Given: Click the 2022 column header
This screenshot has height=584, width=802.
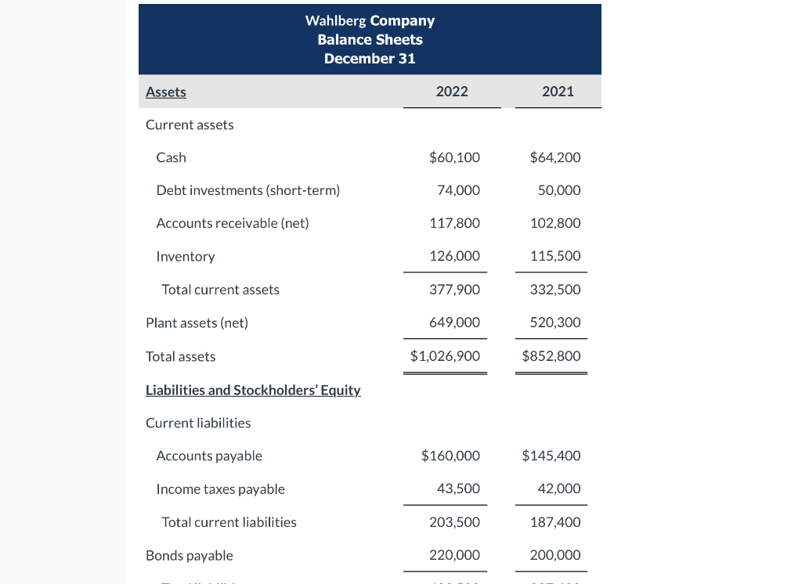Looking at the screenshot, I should pyautogui.click(x=452, y=92).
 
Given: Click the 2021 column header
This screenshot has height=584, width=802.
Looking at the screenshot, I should pyautogui.click(x=558, y=92).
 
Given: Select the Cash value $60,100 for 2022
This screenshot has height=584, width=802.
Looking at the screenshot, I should pyautogui.click(x=454, y=157).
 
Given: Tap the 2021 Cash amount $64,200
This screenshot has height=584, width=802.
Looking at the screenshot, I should pyautogui.click(x=555, y=157).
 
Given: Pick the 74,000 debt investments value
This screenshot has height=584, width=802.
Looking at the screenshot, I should pyautogui.click(x=459, y=190).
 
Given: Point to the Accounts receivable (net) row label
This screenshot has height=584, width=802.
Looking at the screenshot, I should pyautogui.click(x=233, y=223).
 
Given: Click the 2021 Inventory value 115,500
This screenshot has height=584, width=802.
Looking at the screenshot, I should pyautogui.click(x=555, y=256).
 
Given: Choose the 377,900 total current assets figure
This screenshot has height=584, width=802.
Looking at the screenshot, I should pyautogui.click(x=454, y=290).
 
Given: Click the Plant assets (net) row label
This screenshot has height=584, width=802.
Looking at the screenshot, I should pyautogui.click(x=197, y=323).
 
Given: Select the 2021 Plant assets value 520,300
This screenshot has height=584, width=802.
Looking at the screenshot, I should pyautogui.click(x=555, y=323).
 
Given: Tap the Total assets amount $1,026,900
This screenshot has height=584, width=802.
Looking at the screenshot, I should pyautogui.click(x=445, y=356).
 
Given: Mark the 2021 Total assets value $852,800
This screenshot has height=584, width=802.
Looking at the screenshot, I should pyautogui.click(x=551, y=356).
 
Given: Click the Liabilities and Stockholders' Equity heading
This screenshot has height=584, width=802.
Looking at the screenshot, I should pyautogui.click(x=253, y=390).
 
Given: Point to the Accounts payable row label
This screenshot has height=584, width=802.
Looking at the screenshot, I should pyautogui.click(x=209, y=456).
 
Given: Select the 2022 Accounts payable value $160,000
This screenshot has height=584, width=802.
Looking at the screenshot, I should pyautogui.click(x=450, y=456).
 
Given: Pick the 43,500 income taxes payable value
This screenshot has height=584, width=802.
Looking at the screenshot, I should pyautogui.click(x=459, y=488).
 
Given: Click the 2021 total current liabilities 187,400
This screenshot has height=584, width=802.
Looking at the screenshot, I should pyautogui.click(x=555, y=522).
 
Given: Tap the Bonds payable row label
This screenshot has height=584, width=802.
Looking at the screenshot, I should pyautogui.click(x=190, y=556).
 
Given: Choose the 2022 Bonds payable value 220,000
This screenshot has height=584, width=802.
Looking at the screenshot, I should pyautogui.click(x=454, y=556).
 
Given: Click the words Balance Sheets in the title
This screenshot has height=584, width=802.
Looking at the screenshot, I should pyautogui.click(x=370, y=40).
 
